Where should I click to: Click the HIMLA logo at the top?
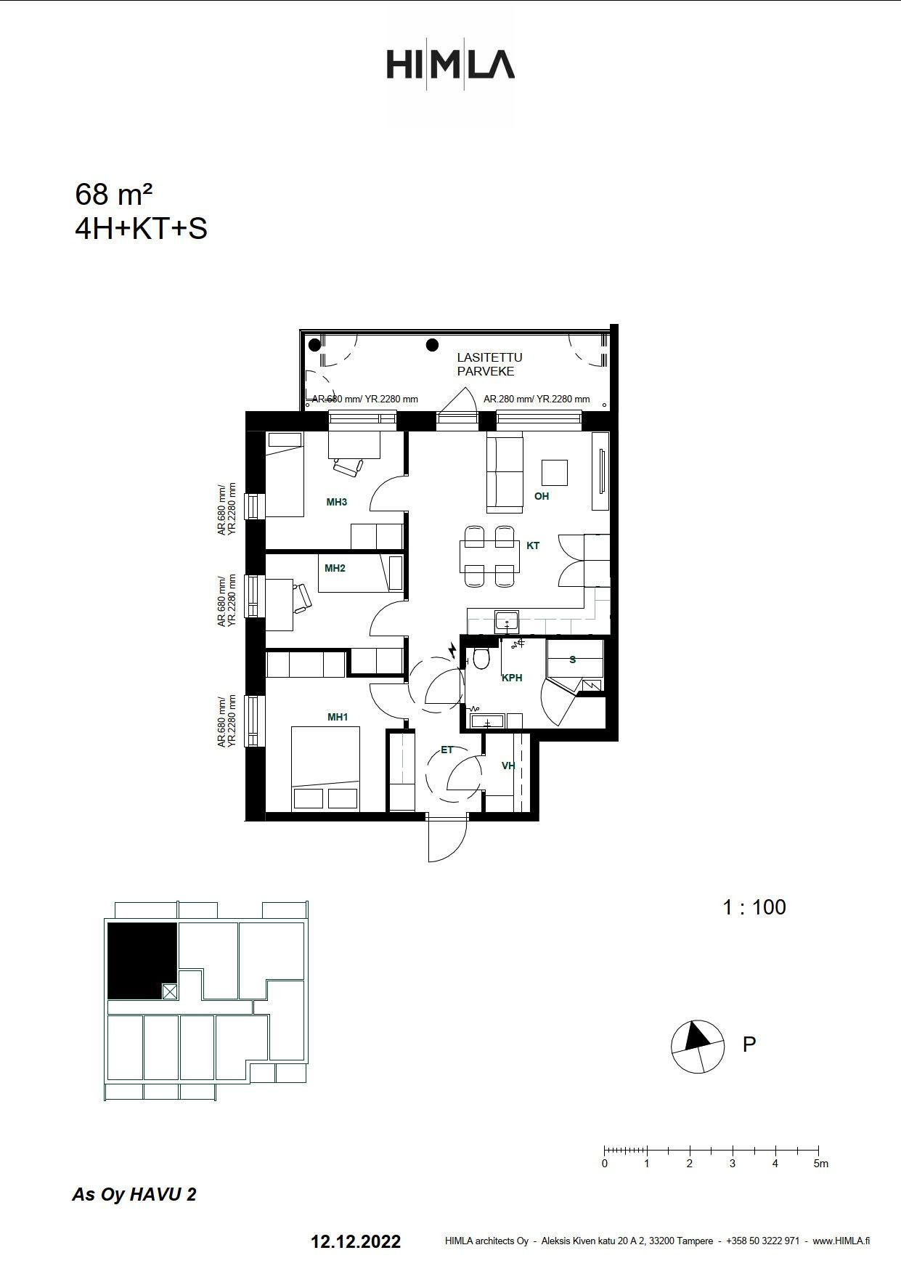(x=450, y=64)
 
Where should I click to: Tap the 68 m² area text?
(x=113, y=195)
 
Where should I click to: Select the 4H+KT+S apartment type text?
(x=142, y=229)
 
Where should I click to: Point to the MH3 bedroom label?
(x=336, y=502)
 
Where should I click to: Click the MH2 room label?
(x=335, y=568)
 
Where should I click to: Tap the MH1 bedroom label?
(x=338, y=717)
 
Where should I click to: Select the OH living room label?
(x=542, y=496)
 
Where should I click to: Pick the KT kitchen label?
(x=533, y=545)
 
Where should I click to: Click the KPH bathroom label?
(x=512, y=678)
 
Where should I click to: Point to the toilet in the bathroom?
(x=481, y=658)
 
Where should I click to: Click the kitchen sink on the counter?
(x=507, y=621)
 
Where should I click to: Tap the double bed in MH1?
(x=326, y=768)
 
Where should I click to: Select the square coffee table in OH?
(x=555, y=473)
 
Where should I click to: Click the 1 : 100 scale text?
(x=754, y=907)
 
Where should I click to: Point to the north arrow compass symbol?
(x=698, y=1047)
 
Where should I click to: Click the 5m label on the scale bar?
(x=820, y=1164)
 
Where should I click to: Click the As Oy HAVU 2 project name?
(x=134, y=1195)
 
